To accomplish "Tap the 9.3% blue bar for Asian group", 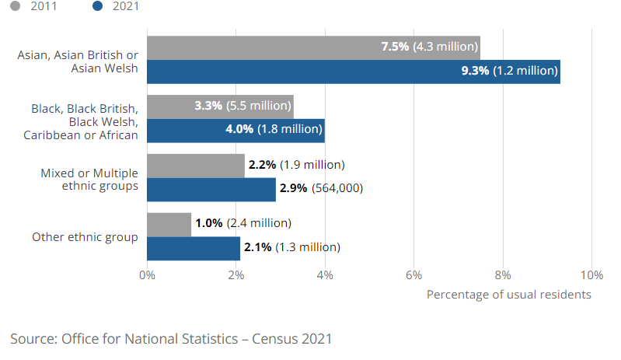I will pos(295,71).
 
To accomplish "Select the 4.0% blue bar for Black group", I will pos(187,130).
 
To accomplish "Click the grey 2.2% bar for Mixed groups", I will pos(195,165).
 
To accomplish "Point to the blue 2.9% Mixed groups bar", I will pos(211,189).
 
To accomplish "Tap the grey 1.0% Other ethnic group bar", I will pos(169,224).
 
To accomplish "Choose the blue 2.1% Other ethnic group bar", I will pos(193,248).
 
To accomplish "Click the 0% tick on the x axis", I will pos(147,274).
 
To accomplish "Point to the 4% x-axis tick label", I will pos(325,274).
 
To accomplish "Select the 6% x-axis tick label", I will pos(414,274).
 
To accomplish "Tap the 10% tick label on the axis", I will pos(591,274).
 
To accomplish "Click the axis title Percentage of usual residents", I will pos(509,295).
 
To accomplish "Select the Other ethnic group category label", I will pos(85,236).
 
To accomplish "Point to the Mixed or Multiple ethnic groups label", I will pos(89,179).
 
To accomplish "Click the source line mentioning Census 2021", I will pos(171,339).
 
